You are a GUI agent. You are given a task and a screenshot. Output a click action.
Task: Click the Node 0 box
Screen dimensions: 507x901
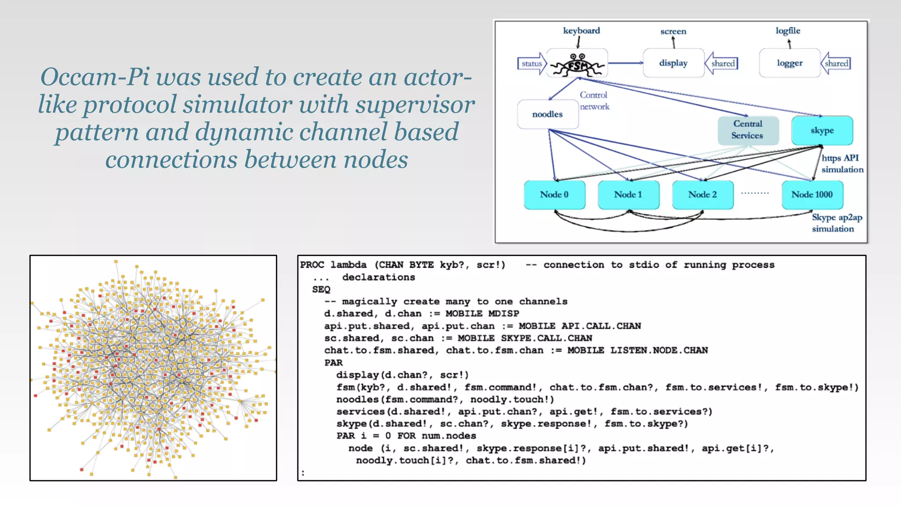[x=554, y=195]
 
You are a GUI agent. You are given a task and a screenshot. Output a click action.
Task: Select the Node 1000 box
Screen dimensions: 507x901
[x=812, y=195]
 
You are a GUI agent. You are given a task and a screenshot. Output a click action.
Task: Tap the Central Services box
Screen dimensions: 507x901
[x=748, y=130]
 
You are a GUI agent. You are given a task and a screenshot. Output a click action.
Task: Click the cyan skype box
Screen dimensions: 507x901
[x=822, y=130]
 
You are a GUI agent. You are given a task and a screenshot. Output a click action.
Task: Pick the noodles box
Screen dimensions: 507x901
[x=547, y=114]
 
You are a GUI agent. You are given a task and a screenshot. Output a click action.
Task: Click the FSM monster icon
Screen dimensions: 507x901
[x=578, y=64]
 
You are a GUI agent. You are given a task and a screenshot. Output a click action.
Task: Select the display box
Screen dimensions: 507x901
[x=673, y=63]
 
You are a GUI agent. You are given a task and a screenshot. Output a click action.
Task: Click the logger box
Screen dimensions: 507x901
[x=790, y=63]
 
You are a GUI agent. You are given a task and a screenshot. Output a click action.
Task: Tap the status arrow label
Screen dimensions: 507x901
[x=531, y=64]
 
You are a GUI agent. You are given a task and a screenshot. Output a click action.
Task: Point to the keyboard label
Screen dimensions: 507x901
[x=581, y=31]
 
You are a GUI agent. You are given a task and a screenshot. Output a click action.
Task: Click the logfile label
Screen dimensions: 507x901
[x=787, y=31]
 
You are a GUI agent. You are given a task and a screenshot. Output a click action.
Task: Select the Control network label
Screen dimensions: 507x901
[x=594, y=101]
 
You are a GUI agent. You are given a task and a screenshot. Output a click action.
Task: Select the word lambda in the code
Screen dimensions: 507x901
[x=348, y=265]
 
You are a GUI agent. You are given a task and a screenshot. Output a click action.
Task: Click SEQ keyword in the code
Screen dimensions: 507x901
[x=321, y=290]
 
